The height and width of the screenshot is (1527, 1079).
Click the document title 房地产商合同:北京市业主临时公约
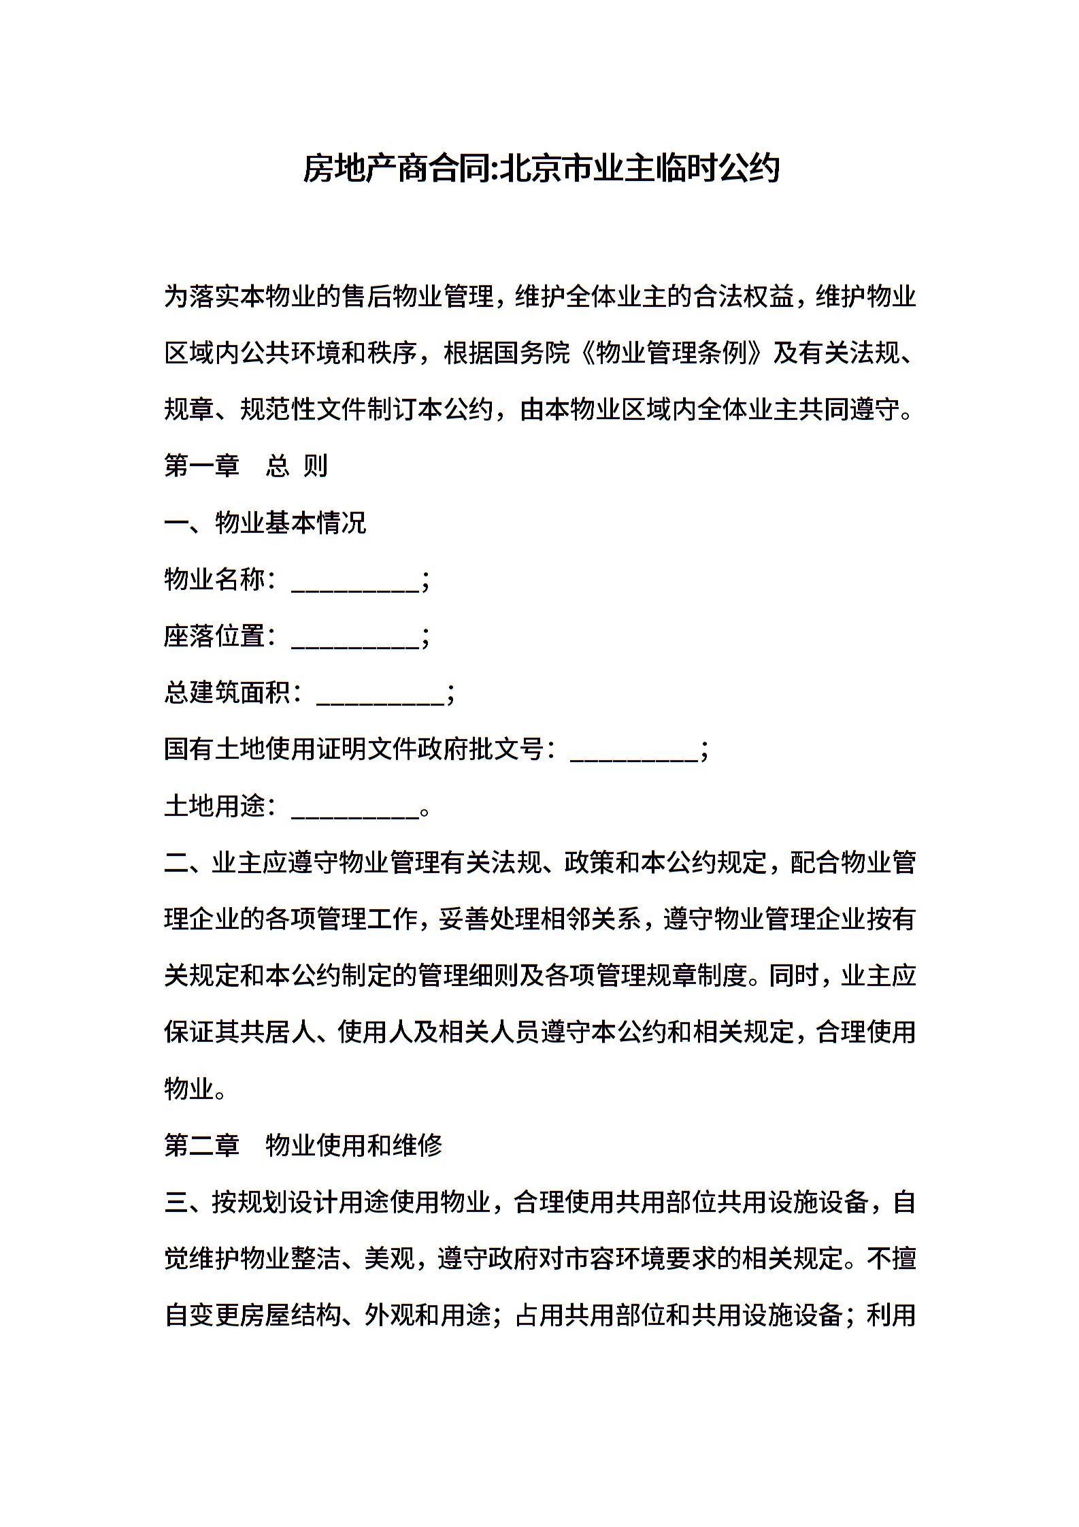click(x=541, y=169)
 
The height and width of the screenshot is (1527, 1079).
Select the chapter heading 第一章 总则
click(x=246, y=466)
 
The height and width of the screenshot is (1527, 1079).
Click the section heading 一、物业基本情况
click(x=265, y=523)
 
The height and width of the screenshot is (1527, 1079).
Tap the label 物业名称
click(x=214, y=580)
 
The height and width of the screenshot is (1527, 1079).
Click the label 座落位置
click(x=214, y=636)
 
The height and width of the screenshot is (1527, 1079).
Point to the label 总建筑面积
click(x=227, y=693)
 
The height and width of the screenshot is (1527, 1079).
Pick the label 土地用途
click(x=214, y=806)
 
